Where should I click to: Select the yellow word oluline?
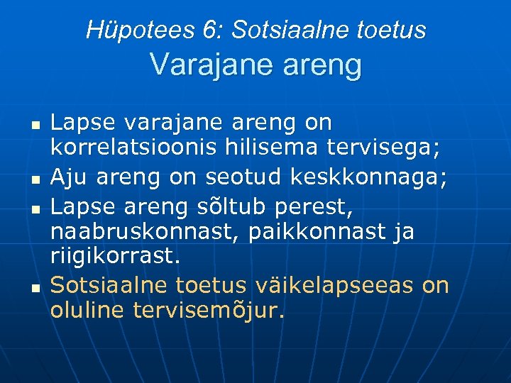(87, 311)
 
